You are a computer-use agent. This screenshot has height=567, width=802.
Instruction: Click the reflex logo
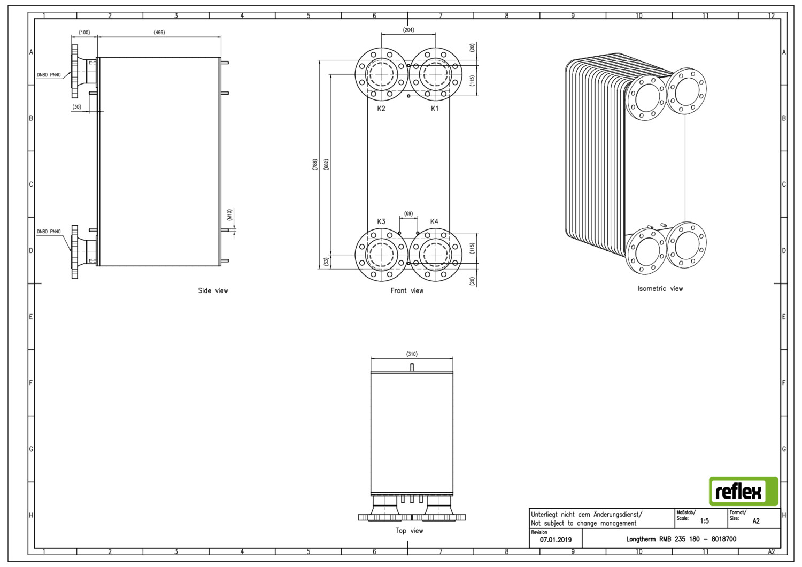pyautogui.click(x=743, y=491)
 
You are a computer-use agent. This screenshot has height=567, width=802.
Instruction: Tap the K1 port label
pyautogui.click(x=434, y=108)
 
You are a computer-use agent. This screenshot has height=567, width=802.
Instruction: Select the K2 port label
pyautogui.click(x=381, y=108)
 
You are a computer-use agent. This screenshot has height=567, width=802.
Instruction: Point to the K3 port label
pyautogui.click(x=381, y=221)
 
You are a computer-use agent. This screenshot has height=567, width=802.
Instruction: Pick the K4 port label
pyautogui.click(x=434, y=221)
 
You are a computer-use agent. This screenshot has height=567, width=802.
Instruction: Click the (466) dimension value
pyautogui.click(x=159, y=32)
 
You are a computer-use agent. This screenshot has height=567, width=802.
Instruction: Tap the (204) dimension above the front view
pyautogui.click(x=408, y=30)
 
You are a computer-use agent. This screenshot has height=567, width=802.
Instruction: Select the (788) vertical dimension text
pyautogui.click(x=315, y=164)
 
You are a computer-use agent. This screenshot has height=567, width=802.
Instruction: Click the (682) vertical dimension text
pyautogui.click(x=326, y=164)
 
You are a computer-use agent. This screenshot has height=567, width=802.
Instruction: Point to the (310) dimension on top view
pyautogui.click(x=412, y=354)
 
